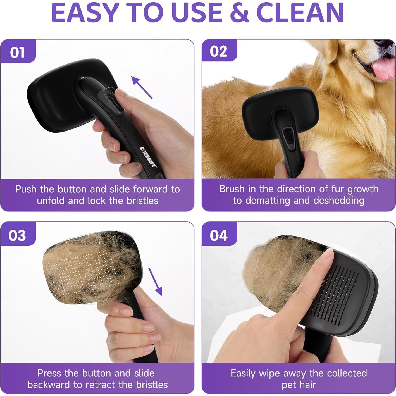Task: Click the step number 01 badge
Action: point(17,52)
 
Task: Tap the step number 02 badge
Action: point(219,52)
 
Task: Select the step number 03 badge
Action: point(17,235)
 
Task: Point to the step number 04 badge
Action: point(219,235)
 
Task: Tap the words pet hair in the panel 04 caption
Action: point(299,385)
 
